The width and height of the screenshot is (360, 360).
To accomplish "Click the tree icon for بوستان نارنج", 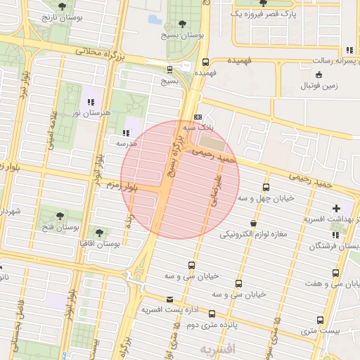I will [x=62, y=6].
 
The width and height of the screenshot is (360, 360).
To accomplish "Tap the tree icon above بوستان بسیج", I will [x=184, y=24].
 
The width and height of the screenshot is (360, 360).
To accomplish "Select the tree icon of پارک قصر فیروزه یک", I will [x=263, y=4].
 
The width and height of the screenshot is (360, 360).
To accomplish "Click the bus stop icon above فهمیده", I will [x=205, y=62].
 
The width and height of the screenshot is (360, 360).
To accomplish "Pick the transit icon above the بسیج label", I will [x=169, y=70].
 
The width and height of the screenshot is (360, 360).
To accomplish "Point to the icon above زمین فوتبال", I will [x=319, y=75].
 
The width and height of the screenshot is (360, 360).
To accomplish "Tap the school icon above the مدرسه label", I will [x=126, y=132].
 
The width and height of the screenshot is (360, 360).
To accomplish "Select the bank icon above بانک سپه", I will [x=198, y=117].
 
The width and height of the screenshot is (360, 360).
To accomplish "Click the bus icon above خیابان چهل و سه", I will [x=266, y=187].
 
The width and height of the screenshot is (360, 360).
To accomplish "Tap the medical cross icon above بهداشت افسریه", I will [x=337, y=208].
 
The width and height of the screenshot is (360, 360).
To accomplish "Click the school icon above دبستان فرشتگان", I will [x=314, y=246].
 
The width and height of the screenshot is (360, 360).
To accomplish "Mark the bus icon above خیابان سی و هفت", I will [x=335, y=273].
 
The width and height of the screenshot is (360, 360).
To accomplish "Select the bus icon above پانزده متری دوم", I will [x=211, y=314].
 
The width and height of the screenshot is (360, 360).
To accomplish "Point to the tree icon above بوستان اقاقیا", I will [x=98, y=231].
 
